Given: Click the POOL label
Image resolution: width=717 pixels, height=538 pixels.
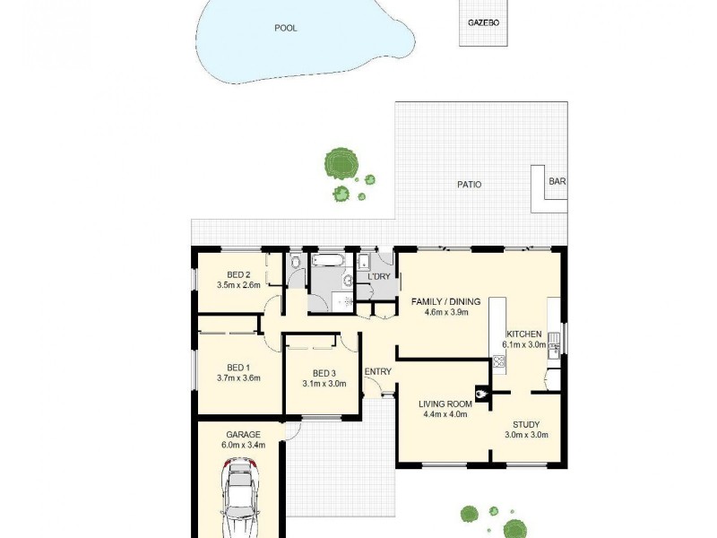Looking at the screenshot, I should (x=286, y=28).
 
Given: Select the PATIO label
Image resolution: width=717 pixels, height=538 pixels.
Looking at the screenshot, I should (x=469, y=185).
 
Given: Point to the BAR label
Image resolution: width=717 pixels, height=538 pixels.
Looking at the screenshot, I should (x=557, y=182).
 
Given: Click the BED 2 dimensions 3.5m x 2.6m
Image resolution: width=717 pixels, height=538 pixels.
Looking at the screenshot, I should (x=238, y=285).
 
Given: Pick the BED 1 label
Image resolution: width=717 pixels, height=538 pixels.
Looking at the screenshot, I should (x=238, y=368).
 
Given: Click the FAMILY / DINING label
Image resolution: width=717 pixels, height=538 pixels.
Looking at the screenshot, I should (x=446, y=301).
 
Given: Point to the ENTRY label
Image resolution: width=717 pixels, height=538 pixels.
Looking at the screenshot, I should (x=378, y=372).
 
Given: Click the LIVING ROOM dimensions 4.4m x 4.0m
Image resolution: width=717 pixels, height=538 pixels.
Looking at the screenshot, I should (x=445, y=415).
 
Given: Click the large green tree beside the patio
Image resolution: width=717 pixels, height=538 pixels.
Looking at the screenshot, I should (x=341, y=162).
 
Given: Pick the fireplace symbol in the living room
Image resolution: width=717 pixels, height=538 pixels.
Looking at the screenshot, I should (x=483, y=391).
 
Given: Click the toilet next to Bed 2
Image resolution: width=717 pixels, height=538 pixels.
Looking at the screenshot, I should (x=296, y=262).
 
